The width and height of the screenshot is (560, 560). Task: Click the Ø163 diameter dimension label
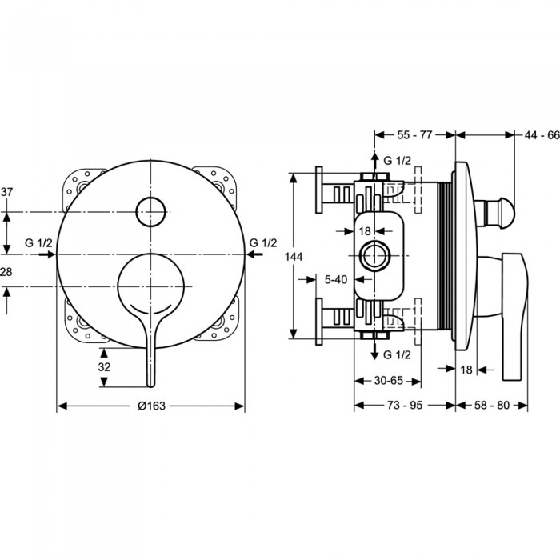[151, 406]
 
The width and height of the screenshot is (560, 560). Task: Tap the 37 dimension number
[7, 192]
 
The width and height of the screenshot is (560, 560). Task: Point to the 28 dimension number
[7, 273]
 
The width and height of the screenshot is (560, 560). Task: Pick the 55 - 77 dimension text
[414, 135]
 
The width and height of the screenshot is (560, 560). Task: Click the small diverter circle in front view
[150, 210]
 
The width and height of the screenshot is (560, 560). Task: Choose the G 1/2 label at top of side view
[397, 160]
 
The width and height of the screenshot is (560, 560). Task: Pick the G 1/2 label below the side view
[397, 354]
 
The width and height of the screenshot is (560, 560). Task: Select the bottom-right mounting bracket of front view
[218, 322]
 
